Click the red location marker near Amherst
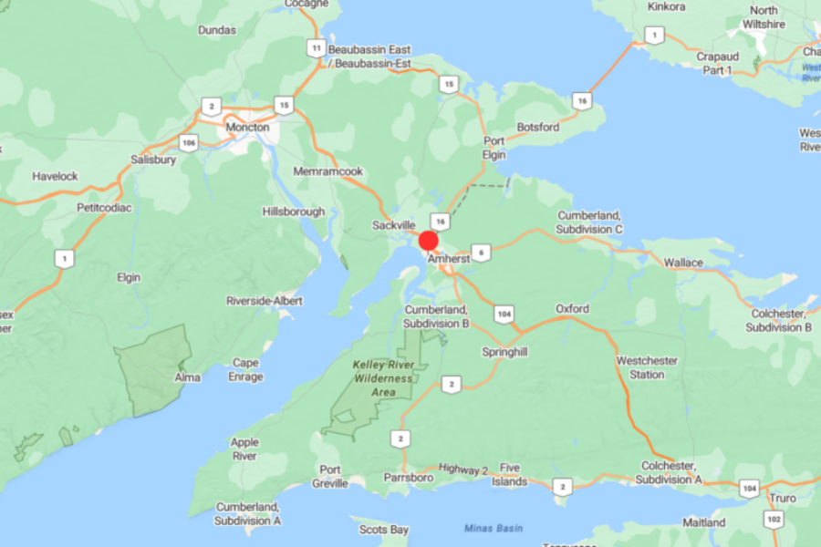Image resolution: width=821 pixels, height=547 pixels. coord(429,242)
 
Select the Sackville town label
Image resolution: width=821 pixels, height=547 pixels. coord(394,225)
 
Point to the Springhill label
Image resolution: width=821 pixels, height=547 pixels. coord(505,351)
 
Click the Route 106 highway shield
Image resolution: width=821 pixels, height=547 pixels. coord(189,142)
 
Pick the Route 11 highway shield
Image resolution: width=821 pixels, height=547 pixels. coord(316,48)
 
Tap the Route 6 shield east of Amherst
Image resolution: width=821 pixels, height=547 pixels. coord(482,253)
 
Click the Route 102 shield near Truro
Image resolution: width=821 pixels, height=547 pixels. coord(774,519)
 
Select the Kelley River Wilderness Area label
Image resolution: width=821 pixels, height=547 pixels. coord(384,378)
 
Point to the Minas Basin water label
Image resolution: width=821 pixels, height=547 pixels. coord(493,528)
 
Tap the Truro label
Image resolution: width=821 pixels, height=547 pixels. coord(782,498)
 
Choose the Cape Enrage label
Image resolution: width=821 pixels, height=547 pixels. coord(245,369)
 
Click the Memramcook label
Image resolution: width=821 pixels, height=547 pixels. coord(328,171)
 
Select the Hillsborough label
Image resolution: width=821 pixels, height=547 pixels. coord(294,212)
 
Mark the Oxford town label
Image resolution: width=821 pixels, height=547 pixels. coord(572,309)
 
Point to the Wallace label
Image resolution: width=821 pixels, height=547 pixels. coord(683,263)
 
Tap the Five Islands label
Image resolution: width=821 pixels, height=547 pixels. coord(510,474)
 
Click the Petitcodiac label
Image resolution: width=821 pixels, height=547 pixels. coord(104,208)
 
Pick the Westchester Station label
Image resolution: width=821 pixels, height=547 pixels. coord(647,367)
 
